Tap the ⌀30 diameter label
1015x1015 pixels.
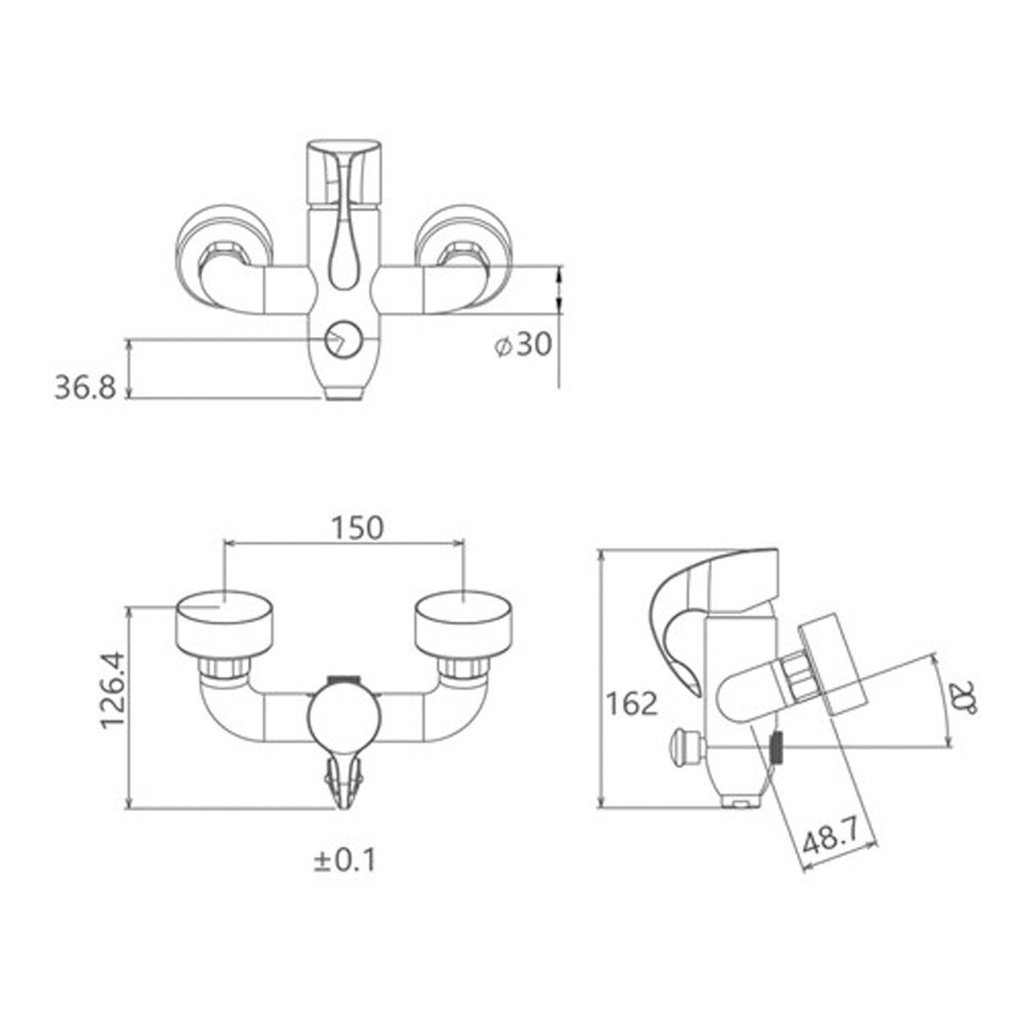pos(524,344)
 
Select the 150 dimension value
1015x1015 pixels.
pos(356,527)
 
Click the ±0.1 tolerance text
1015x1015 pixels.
pos(344,860)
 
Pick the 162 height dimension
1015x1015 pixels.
pos(632,703)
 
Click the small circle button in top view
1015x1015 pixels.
pos(342,341)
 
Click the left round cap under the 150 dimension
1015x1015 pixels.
pos(225,622)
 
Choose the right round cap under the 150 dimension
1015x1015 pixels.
pos(464,622)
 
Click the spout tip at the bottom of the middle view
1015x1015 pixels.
pos(343,787)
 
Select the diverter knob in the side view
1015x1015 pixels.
pos(683,747)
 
